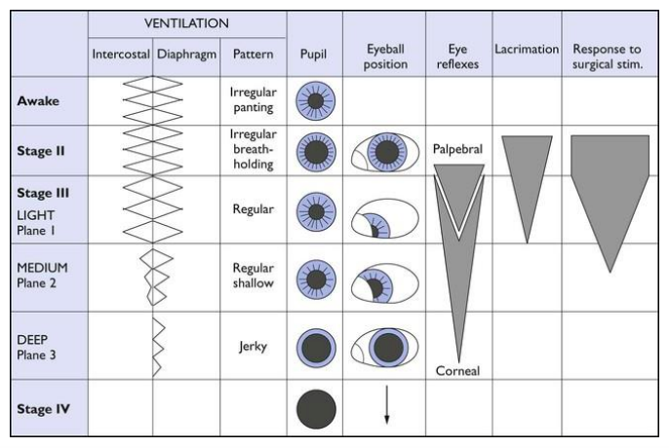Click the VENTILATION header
pos(186,20)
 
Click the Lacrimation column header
pos(526,48)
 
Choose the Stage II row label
pos(41,150)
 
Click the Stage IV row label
pos(42,407)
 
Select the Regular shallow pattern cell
pos(253,275)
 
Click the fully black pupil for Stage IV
pos(317,406)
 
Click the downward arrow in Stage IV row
pos(386,406)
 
